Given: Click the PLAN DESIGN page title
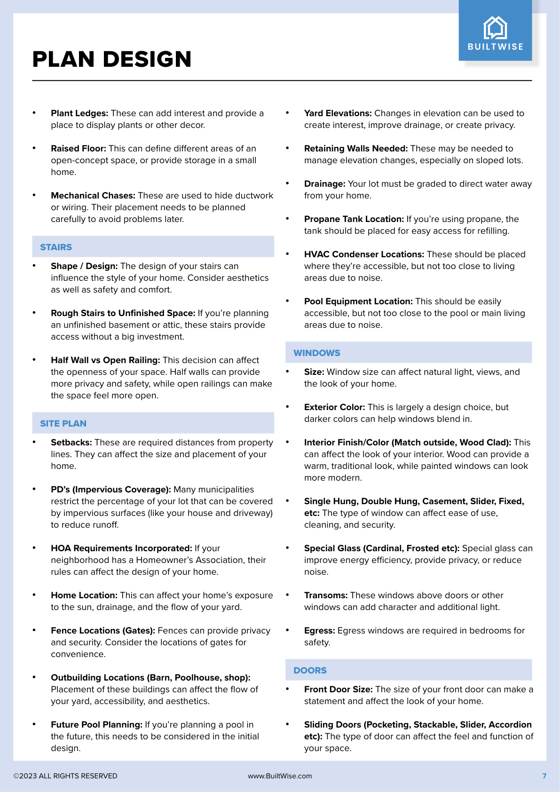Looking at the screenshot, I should coord(112,59).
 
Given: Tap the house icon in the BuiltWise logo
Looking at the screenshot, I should coord(495,28).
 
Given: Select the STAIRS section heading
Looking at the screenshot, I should coord(56,247).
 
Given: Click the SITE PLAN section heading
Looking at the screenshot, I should coord(63,423).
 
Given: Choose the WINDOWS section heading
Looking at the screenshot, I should coord(316,353).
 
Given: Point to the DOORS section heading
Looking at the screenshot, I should coord(310,670).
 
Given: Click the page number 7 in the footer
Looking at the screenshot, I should coord(544,776).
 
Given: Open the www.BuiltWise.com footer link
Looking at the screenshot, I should coord(280,776).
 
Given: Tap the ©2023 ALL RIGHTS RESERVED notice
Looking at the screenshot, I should coord(65,776).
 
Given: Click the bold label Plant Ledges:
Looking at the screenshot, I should coord(79,113).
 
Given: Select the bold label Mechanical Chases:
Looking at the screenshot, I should coord(93,196).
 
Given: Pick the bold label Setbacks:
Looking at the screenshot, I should coord(71,443).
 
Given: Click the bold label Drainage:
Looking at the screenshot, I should coord(324,184).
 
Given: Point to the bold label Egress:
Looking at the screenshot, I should coord(319,631).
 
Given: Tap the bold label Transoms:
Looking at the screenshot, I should coord(326,595).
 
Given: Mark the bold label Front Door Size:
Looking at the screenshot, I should coord(338,689).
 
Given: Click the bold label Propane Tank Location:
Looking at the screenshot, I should coord(354,219).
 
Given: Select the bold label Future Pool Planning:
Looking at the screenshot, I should coord(96,725).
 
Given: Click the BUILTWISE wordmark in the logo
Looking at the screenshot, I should coord(495,47).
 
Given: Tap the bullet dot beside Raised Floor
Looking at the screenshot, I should coord(34,148).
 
